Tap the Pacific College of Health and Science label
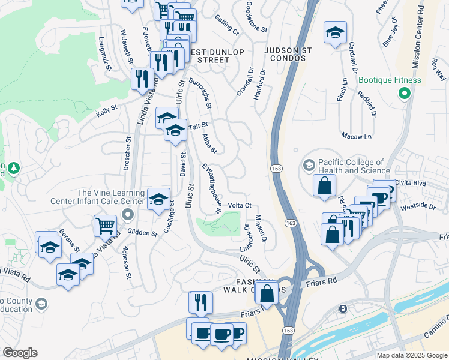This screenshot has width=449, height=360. coord(351,166)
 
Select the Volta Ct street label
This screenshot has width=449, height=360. coord(239,205)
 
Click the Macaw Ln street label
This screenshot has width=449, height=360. coord(355,136)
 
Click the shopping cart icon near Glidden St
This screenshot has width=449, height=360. coord(105,226)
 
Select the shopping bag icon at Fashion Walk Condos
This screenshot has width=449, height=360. coord(268,293)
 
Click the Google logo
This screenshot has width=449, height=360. coord(20,353)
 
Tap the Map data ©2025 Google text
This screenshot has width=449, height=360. coord(411,355)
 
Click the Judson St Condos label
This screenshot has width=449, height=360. coord(289,55)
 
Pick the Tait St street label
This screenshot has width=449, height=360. coord(198,125)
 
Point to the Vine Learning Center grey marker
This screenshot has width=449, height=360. coord(127,214)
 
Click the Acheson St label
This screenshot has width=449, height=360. coord(127,263)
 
